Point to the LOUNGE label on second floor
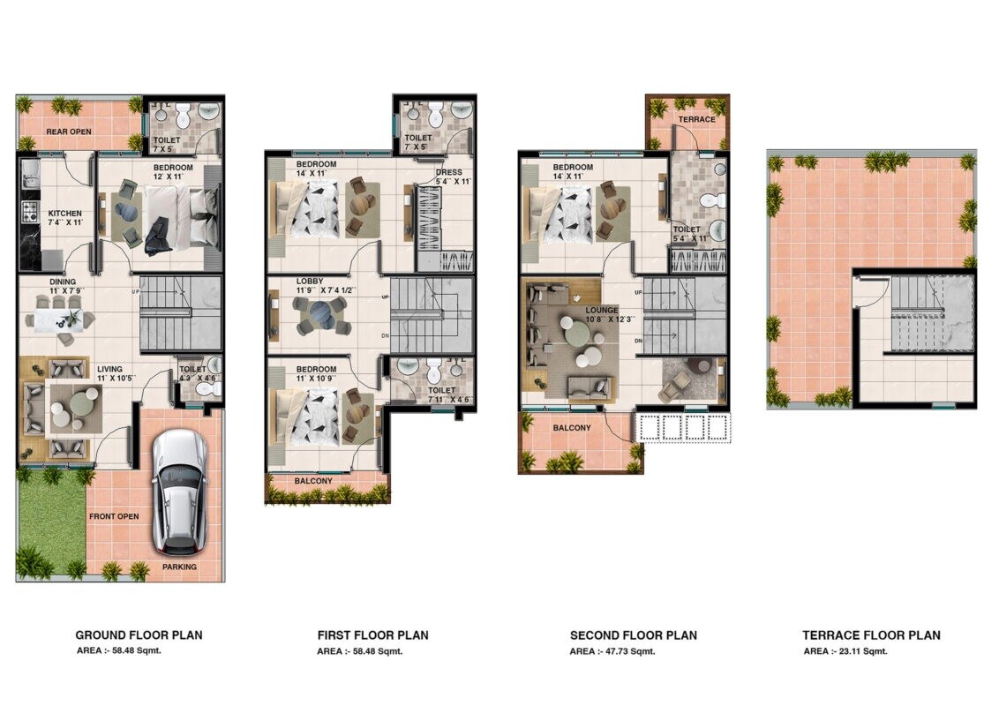[602, 311]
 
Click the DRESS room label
[448, 173]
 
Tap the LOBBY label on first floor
[310, 282]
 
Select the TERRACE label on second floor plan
[696, 119]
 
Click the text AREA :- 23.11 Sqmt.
[845, 651]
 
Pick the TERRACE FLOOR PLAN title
[871, 635]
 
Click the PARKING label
[179, 567]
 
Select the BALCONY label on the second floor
[572, 428]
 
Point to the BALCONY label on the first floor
[313, 481]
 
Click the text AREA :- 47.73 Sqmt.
[611, 651]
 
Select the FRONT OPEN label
[113, 516]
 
